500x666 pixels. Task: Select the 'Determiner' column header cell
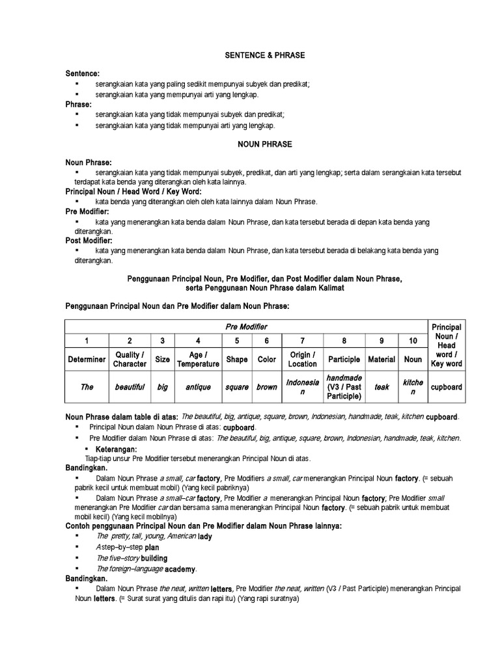[87, 359]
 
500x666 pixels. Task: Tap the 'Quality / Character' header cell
[130, 359]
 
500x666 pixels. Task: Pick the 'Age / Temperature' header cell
[198, 359]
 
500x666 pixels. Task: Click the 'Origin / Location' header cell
[302, 359]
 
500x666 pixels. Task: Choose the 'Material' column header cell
[382, 359]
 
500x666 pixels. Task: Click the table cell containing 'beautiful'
[130, 387]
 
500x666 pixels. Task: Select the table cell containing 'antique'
[198, 387]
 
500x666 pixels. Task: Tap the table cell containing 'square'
[237, 387]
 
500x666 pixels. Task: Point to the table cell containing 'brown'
[266, 387]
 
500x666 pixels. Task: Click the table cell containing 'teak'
[382, 387]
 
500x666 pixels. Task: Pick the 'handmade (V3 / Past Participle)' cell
[344, 387]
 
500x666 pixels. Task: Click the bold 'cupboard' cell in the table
[446, 387]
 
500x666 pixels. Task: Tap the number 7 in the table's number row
[302, 341]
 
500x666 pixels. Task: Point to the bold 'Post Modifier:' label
[89, 241]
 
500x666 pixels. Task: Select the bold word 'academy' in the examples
[180, 568]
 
